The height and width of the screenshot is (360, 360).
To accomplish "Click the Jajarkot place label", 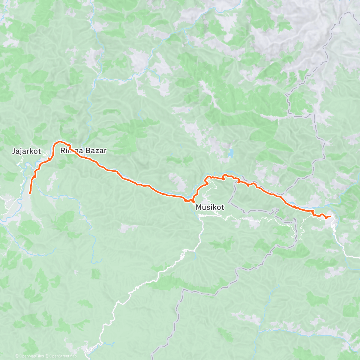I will (26, 151).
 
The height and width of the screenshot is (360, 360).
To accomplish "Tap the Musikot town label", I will (210, 207).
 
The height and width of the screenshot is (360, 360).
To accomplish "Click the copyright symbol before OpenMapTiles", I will (17, 356).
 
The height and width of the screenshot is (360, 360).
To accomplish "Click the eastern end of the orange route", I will (330, 216).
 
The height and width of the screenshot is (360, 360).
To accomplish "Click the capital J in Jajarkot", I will (14, 151).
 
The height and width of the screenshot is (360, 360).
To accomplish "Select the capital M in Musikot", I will (199, 207).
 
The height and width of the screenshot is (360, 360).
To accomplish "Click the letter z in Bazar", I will (96, 151).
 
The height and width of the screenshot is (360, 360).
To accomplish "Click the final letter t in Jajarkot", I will (39, 151).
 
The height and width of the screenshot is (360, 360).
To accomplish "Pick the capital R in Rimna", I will (63, 151).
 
